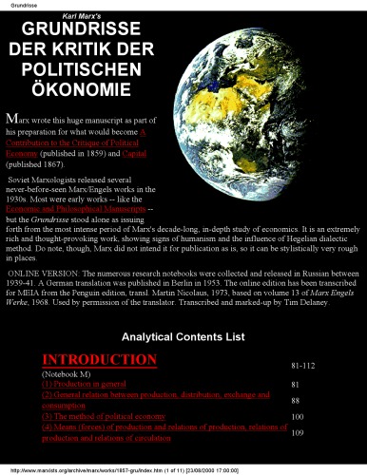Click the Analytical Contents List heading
click(x=183, y=336)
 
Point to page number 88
click(x=295, y=401)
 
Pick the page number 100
click(x=297, y=417)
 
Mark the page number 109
click(x=297, y=433)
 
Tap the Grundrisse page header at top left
click(x=25, y=5)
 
